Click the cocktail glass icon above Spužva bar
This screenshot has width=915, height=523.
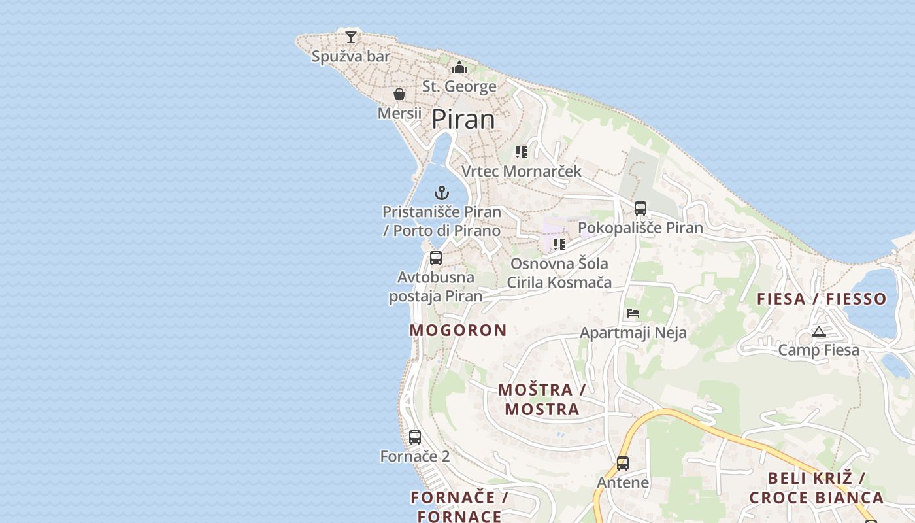click(351, 37)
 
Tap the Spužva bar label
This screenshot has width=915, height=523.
click(351, 56)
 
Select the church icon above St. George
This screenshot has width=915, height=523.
click(459, 68)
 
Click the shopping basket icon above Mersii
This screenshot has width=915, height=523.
click(399, 94)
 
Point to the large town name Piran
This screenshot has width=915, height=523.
click(463, 120)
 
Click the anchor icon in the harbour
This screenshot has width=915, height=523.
click(442, 193)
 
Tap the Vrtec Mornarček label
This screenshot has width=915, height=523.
click(522, 171)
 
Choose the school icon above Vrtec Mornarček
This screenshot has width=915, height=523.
click(521, 152)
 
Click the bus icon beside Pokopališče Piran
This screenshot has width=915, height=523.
click(640, 209)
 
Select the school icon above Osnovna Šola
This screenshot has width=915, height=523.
click(559, 245)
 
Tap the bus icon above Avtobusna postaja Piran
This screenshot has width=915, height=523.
click(436, 258)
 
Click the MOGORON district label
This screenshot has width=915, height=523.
click(458, 330)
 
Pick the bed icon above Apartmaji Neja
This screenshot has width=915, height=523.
click(633, 313)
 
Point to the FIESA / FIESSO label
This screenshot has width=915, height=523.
click(822, 299)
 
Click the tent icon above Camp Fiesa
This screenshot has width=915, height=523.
click(819, 331)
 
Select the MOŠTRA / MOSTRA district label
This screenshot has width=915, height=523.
click(542, 399)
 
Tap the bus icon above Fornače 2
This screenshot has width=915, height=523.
click(415, 437)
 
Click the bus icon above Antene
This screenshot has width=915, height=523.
click(623, 464)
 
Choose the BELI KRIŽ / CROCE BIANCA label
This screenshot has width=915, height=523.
click(816, 488)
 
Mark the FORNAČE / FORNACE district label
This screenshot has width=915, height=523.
click(459, 507)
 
